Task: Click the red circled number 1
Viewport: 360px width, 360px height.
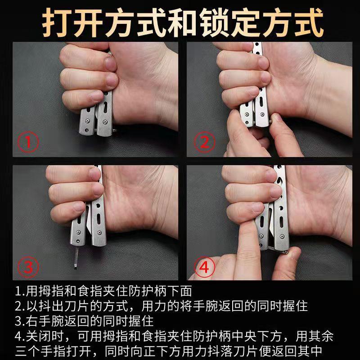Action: coord(28,142)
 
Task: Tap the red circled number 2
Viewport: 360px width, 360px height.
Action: coord(205,142)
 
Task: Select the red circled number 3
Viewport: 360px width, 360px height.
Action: coord(28,267)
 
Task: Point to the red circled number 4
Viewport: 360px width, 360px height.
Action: coord(205,267)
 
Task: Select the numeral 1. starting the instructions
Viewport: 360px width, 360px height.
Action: coord(20,291)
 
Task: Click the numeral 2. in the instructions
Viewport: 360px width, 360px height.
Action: coord(20,306)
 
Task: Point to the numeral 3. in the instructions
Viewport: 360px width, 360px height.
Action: coord(20,321)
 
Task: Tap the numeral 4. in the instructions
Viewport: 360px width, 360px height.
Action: coord(20,336)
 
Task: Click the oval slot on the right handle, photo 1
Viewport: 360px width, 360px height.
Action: coord(105,107)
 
